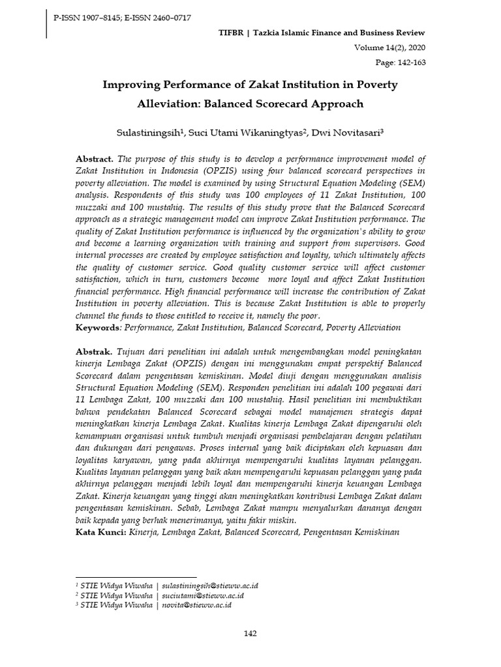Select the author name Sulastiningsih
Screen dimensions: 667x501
pos(149,133)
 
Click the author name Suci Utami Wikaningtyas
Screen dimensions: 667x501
pos(245,133)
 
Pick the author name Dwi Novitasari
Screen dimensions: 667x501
pos(347,133)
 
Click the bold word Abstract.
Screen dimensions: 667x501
pos(94,159)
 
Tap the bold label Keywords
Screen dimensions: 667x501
pos(99,327)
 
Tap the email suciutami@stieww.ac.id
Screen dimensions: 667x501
pos(202,595)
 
